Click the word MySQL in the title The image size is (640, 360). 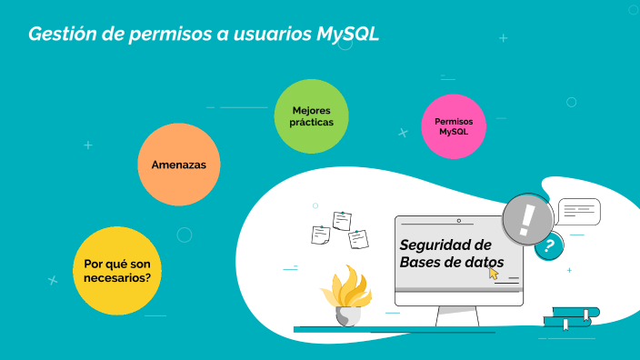tap(348, 35)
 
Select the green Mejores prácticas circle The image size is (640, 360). tap(312, 116)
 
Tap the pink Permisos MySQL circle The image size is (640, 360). tap(454, 126)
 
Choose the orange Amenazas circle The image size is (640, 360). tap(178, 165)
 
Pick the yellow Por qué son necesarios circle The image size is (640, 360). tap(117, 270)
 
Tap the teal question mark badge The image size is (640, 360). tap(548, 245)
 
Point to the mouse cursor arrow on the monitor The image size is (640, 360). tap(495, 273)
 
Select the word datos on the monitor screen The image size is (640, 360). tap(479, 263)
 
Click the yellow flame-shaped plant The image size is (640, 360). tap(345, 287)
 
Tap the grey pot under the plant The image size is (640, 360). tap(347, 315)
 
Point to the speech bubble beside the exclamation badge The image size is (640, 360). tap(580, 211)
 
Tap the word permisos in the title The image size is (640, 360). tap(164, 35)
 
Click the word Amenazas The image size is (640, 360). tap(178, 165)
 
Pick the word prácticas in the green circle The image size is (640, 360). tap(312, 122)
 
